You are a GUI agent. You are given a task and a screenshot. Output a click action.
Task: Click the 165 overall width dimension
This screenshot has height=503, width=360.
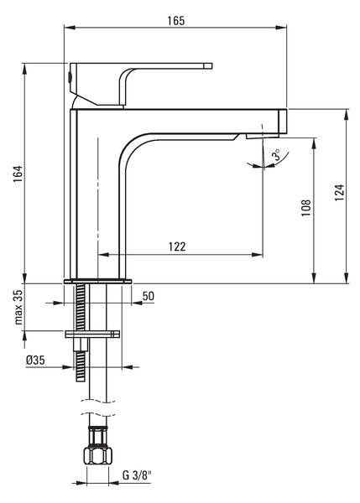coord(176,21)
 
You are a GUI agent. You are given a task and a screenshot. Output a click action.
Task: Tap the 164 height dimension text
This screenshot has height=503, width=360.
coord(18,174)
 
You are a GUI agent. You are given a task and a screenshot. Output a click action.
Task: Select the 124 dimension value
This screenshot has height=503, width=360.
coord(340,193)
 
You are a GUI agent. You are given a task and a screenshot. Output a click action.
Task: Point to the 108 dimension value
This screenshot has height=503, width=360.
coord(306,208)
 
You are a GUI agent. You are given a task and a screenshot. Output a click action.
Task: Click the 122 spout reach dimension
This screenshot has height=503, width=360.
coord(177,246)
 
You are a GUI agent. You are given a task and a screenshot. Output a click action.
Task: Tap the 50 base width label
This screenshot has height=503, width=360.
coord(148,296)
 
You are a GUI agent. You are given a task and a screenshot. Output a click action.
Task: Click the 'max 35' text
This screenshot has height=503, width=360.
coord(19,308)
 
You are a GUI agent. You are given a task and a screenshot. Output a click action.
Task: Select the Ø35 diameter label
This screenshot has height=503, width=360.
coord(35,360)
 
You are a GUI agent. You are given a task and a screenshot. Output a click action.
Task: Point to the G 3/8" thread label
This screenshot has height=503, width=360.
coord(137,475)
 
